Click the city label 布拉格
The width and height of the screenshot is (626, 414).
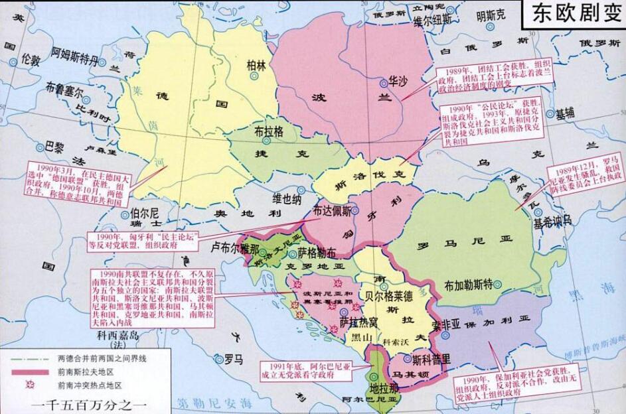[x=269, y=131]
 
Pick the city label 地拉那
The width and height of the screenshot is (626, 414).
[x=384, y=387]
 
